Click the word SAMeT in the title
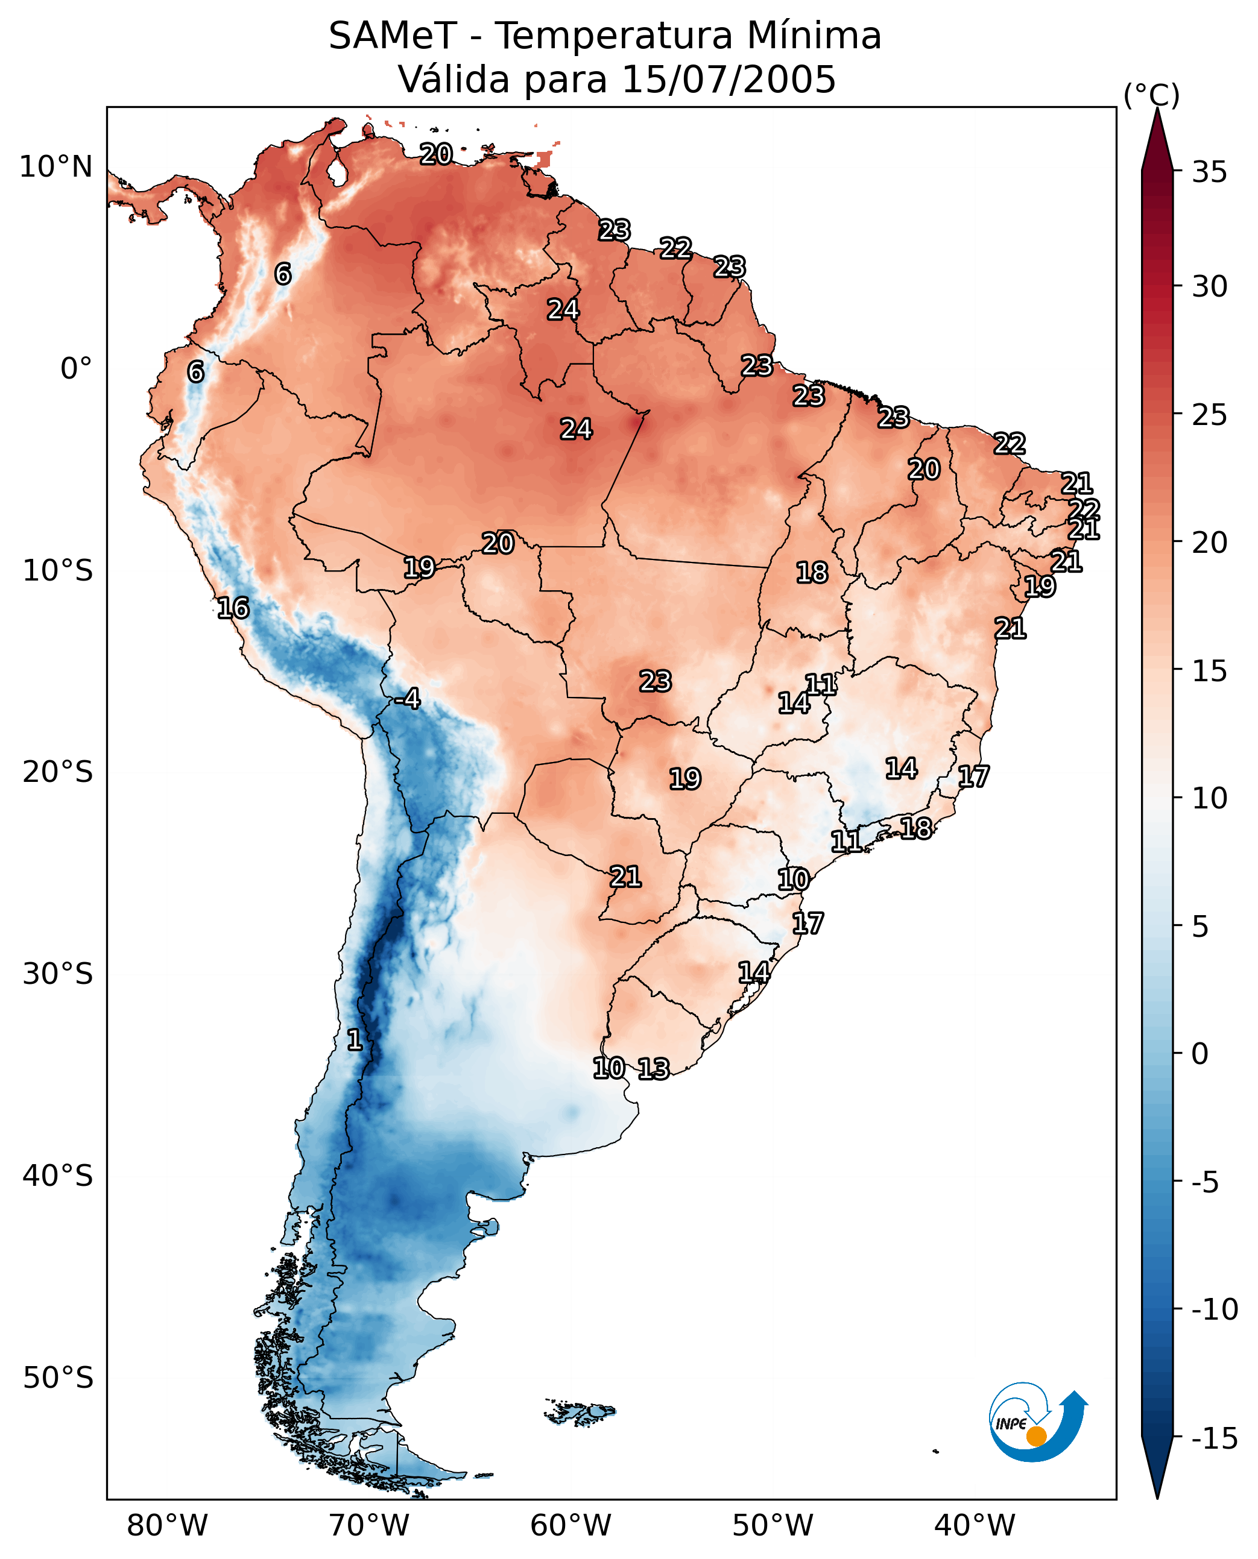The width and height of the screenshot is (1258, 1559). (393, 36)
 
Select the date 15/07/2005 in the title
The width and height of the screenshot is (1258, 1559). (729, 79)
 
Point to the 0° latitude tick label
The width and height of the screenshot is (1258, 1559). (76, 369)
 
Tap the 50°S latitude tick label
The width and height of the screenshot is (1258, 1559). (58, 1377)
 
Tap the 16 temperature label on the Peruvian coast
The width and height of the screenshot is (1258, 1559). (233, 608)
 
